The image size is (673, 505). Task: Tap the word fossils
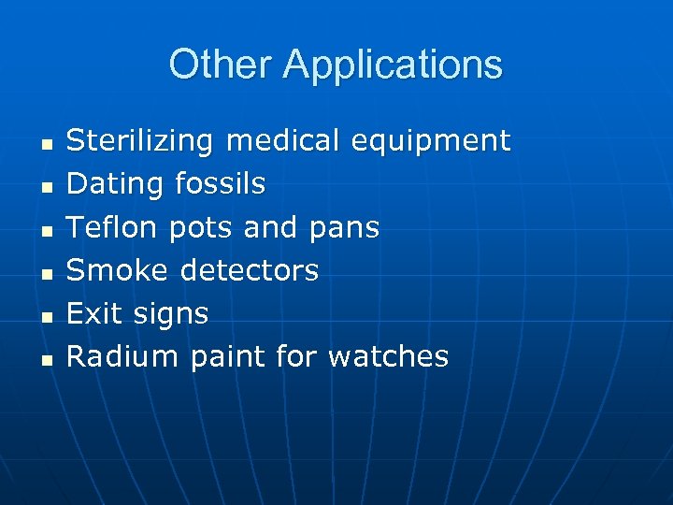(220, 184)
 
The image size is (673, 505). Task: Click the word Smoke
(117, 270)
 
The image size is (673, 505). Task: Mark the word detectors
(249, 270)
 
